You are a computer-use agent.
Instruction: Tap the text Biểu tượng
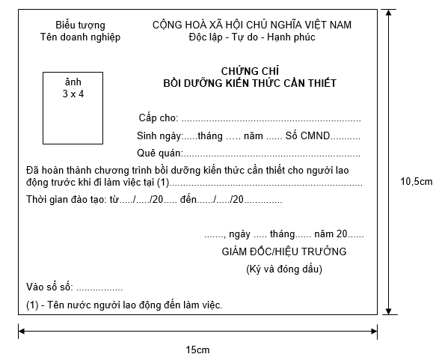[x=80, y=25]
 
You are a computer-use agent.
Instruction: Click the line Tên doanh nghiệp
[x=80, y=37]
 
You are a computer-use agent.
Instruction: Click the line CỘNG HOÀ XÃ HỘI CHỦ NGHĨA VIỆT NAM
[x=252, y=25]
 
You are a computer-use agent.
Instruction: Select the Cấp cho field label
[x=158, y=118]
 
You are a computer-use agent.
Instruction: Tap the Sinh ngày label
[x=159, y=136]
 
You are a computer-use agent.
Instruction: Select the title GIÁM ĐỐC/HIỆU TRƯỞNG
[x=284, y=251]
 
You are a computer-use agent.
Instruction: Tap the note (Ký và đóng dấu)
[x=284, y=269]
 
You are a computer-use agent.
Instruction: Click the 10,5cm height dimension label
[x=417, y=182]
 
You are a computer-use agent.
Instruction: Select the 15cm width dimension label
[x=197, y=350]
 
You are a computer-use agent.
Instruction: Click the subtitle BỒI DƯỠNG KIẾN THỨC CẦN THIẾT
[x=250, y=83]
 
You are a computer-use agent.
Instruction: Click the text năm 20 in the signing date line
[x=333, y=234]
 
